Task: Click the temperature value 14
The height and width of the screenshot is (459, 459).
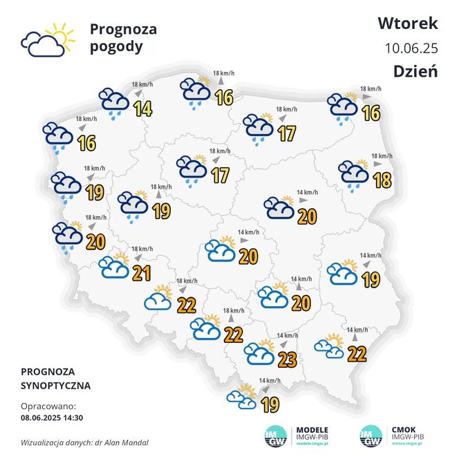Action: click(143, 109)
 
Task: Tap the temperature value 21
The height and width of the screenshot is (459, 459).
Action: click(142, 273)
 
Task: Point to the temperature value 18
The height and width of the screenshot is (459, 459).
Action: click(381, 180)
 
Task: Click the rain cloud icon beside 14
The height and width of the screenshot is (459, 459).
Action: click(113, 100)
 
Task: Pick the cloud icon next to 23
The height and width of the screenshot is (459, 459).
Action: click(259, 353)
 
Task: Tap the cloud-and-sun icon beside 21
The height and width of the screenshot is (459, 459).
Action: click(113, 266)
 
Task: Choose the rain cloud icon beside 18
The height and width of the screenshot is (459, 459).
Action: click(353, 173)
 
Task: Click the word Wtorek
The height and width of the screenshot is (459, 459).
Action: click(407, 23)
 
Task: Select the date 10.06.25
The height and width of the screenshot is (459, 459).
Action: click(411, 48)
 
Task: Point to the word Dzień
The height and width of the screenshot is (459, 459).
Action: click(415, 72)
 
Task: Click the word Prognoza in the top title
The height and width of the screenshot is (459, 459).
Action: click(123, 30)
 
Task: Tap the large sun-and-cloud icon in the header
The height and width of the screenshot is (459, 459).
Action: click(46, 40)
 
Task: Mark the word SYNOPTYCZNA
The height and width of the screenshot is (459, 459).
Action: click(56, 385)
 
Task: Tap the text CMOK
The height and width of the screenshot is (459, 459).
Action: click(405, 429)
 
